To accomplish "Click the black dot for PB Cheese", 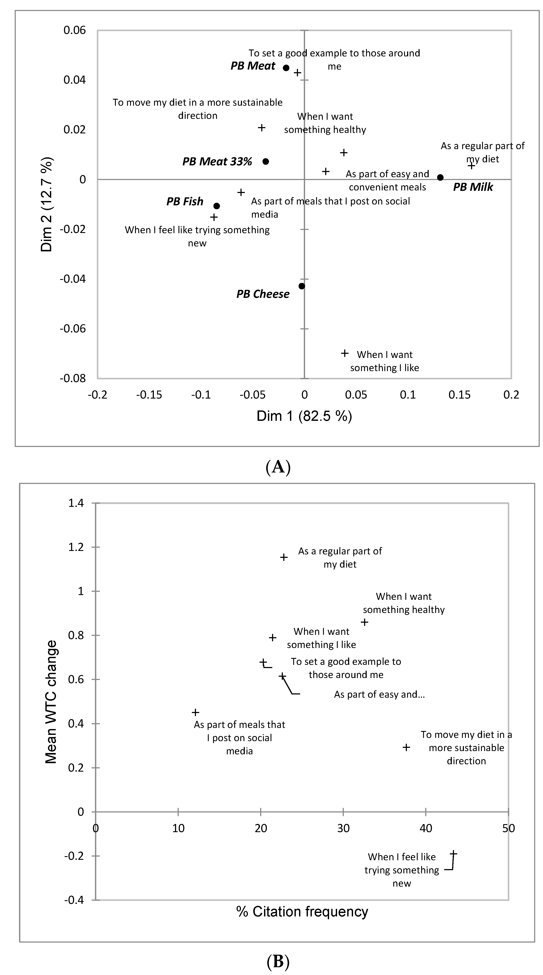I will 302,286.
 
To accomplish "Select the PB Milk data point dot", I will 440,177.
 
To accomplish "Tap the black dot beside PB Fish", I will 217,206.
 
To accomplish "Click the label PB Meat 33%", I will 217,162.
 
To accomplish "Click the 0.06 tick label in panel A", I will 75,30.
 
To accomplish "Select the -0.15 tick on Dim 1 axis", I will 149,395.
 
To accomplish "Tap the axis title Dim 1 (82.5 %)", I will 304,416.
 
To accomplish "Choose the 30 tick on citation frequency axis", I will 343,828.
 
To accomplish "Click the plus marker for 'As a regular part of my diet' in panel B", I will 284,557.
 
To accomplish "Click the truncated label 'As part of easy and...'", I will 379,694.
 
